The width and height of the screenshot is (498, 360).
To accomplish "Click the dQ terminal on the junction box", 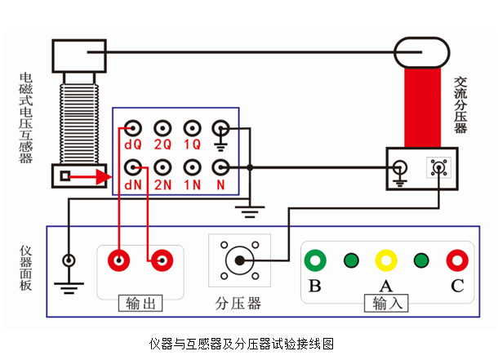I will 131,128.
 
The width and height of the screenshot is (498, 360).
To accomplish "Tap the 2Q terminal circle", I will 162,128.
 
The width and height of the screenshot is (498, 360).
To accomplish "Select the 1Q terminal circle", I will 192,128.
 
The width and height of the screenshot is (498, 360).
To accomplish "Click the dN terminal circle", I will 131,167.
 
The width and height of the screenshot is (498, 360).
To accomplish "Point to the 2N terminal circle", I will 162,167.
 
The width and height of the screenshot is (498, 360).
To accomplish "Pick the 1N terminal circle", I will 192,167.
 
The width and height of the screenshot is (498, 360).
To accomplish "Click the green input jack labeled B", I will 315,260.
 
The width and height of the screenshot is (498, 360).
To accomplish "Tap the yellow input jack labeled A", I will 385,260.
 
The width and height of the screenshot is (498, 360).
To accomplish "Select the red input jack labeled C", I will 456,260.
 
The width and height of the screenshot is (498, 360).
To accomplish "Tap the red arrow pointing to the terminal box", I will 94,176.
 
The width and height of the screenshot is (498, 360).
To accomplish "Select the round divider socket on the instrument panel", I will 238,260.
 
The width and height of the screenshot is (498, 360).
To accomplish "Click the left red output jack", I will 119,260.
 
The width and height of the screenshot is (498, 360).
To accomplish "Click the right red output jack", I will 160,260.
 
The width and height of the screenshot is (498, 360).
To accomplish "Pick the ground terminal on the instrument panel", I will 69,261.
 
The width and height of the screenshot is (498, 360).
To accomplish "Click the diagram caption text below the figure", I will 242,343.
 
